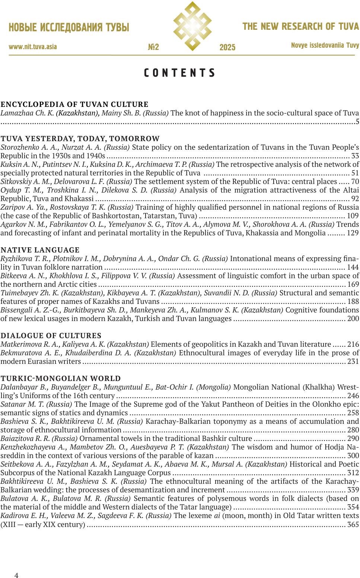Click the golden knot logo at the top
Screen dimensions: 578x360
tap(192, 26)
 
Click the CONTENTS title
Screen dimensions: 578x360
tap(180, 73)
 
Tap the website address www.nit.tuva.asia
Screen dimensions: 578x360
tap(33, 47)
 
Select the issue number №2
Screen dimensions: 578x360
tap(153, 47)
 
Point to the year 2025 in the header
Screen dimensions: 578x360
tap(227, 48)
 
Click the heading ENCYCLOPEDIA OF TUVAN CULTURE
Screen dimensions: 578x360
tap(74, 104)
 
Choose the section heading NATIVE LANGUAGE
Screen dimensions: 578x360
tap(40, 250)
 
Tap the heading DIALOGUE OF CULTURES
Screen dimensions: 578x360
tap(51, 336)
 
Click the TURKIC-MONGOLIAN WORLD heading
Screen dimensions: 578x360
tap(61, 378)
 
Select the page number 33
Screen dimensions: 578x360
tap(355, 156)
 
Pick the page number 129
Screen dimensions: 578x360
tap(353, 233)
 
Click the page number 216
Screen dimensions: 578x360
tap(353, 344)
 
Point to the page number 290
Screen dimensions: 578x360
tap(353, 439)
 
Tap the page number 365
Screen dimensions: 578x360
tap(353, 524)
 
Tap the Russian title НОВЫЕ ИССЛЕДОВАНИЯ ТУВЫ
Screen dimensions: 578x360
tap(69, 28)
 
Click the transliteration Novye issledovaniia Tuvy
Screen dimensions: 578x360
tap(325, 45)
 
